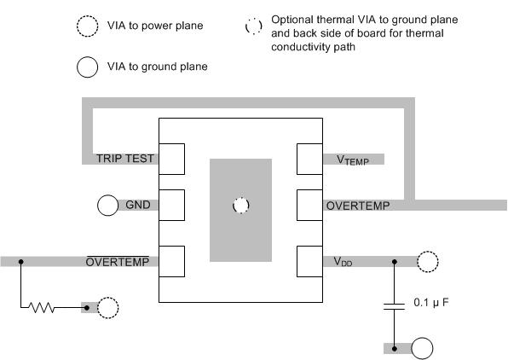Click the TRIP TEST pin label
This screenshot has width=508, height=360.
click(x=125, y=159)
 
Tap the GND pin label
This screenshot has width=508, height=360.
click(x=138, y=206)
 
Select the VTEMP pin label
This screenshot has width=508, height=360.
click(x=348, y=160)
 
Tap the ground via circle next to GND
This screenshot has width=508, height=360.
click(x=107, y=206)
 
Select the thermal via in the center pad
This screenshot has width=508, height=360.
click(x=240, y=206)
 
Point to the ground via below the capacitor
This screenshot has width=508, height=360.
click(x=423, y=348)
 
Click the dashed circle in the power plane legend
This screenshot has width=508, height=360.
click(x=89, y=26)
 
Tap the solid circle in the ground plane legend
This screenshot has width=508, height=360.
click(x=89, y=66)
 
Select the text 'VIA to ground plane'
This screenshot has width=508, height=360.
click(x=160, y=66)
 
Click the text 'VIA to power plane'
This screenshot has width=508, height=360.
click(x=159, y=26)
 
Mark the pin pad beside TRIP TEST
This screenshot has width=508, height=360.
click(x=173, y=159)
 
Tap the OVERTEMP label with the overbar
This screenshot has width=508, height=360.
click(x=123, y=262)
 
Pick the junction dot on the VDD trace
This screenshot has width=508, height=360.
click(x=395, y=262)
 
